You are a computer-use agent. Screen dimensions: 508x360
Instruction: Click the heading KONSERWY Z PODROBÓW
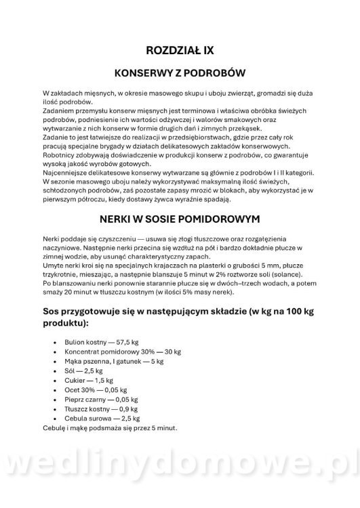click(x=180, y=72)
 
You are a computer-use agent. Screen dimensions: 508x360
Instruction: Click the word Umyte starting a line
click(x=53, y=267)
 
